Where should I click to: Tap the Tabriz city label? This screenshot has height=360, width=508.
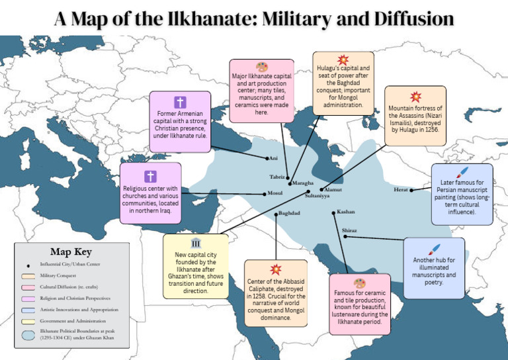coord(277,177)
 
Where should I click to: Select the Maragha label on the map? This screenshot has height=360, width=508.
coord(303,183)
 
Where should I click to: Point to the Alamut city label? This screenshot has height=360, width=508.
coord(333,190)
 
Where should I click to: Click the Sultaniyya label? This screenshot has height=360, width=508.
coord(317,197)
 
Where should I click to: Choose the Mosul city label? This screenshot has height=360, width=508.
coord(275,193)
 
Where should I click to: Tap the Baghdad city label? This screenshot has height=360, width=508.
coord(289,213)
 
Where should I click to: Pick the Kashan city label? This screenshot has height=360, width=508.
coord(346,212)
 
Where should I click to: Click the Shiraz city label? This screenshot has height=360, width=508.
coord(349,230)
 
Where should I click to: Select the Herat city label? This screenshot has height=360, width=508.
coord(401,190)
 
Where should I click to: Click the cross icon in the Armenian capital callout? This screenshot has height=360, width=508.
coord(179,103)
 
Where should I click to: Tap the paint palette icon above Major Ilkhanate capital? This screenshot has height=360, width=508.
coord(261,67)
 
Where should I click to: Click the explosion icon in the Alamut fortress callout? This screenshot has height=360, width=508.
coord(415,97)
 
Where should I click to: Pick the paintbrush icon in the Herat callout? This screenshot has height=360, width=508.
coord(462,172)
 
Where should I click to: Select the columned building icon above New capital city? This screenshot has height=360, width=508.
coord(196,244)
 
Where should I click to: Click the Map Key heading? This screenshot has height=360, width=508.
coord(71,251)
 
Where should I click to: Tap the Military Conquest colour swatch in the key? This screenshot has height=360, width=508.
coord(28,275)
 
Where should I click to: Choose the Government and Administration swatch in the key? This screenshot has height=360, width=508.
coord(28,321)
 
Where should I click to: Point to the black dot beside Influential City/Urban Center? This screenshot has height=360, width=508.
coord(28,264)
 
